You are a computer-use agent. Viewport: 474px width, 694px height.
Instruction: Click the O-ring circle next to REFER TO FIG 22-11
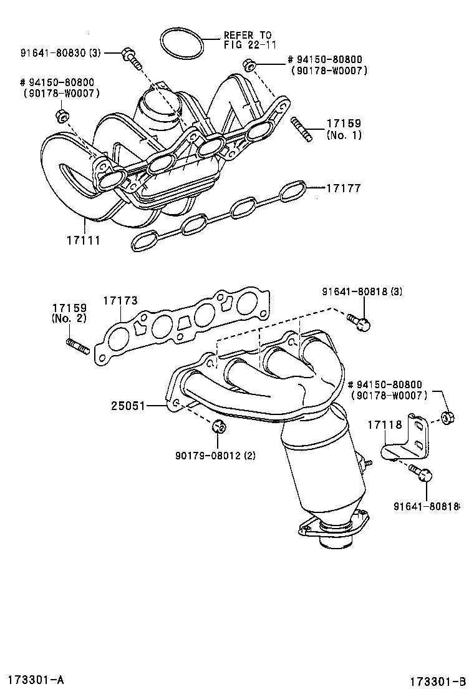click(182, 43)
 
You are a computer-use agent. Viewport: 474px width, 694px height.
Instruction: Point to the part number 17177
click(342, 187)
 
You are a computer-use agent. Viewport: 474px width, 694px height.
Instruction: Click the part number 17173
click(120, 301)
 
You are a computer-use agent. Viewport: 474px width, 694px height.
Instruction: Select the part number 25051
click(128, 406)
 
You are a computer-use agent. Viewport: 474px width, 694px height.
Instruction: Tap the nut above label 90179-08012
click(218, 427)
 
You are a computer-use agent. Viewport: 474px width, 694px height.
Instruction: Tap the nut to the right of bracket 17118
click(447, 417)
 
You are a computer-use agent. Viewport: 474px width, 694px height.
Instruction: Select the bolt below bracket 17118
click(421, 474)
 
